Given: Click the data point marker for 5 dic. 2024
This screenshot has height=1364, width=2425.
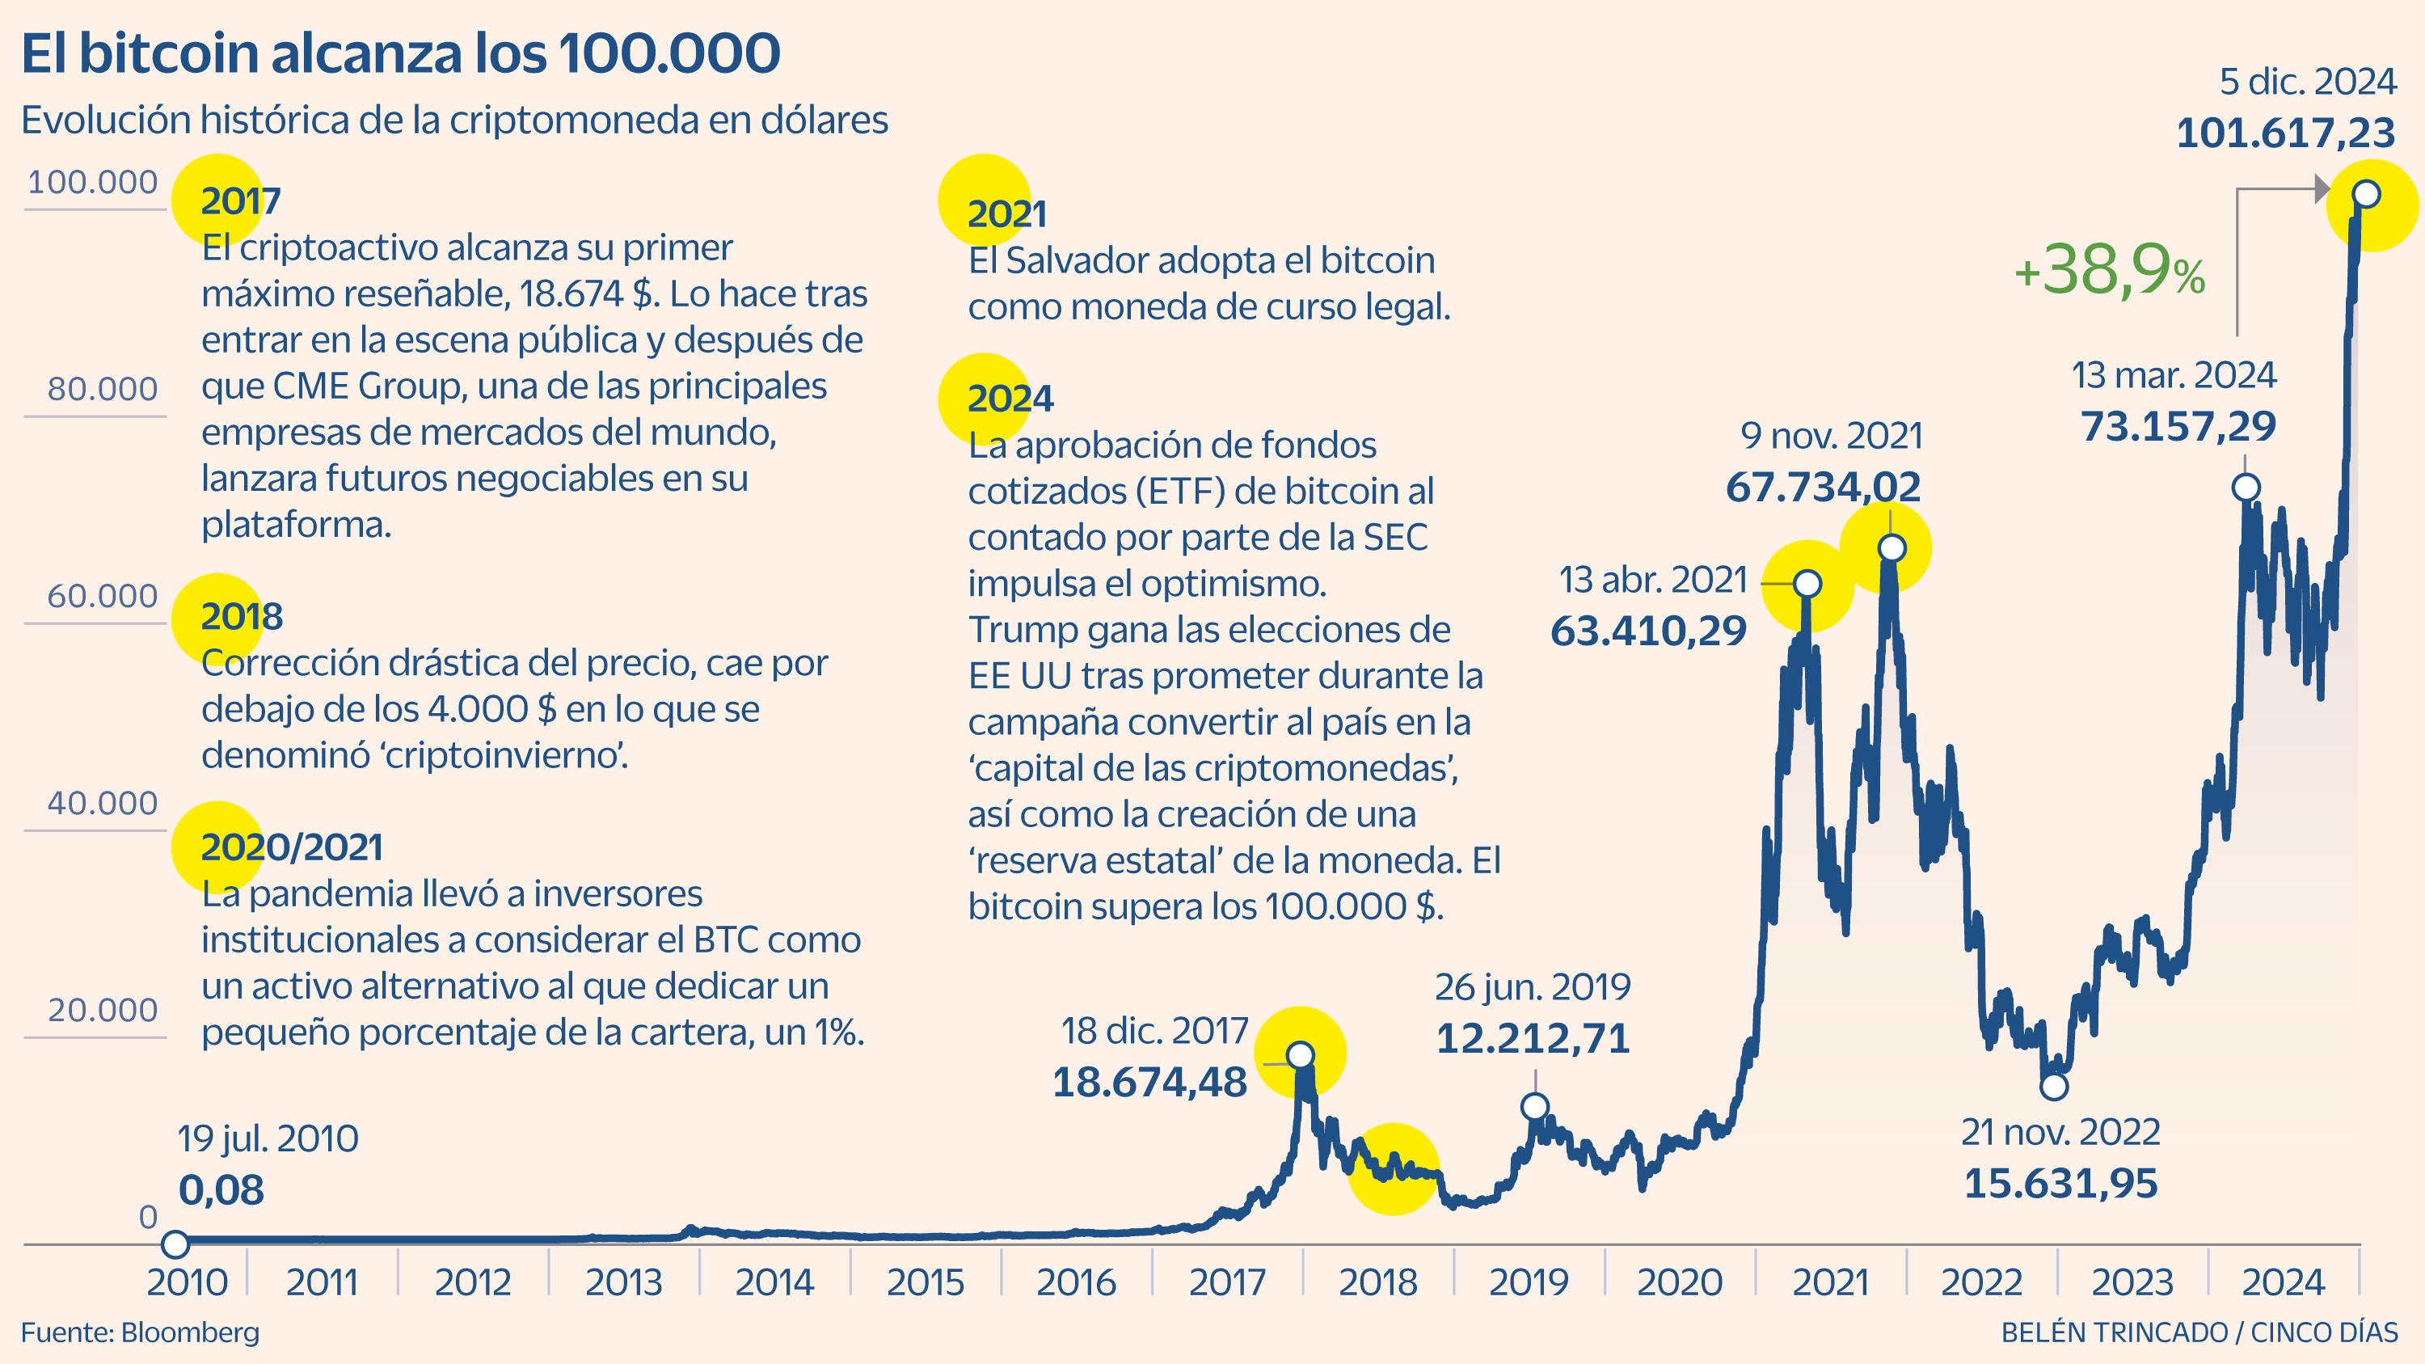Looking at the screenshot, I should pyautogui.click(x=2366, y=195).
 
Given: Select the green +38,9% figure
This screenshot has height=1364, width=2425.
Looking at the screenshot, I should pyautogui.click(x=2109, y=271).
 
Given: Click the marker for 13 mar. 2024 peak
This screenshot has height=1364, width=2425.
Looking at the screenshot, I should pyautogui.click(x=2246, y=488).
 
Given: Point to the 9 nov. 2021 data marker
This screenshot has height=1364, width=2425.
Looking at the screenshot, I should pyautogui.click(x=1891, y=548).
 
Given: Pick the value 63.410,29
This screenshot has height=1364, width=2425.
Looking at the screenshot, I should pyautogui.click(x=1647, y=631).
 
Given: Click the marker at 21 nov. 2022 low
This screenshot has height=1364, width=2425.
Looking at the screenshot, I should pyautogui.click(x=2053, y=1087).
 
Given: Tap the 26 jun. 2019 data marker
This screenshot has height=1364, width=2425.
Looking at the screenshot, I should pyautogui.click(x=1534, y=1106).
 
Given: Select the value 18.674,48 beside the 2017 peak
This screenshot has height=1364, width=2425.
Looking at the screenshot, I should pyautogui.click(x=1149, y=1083).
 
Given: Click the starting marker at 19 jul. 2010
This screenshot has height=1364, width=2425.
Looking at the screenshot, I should pyautogui.click(x=175, y=1244).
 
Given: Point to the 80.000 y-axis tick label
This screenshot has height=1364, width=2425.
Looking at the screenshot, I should pyautogui.click(x=102, y=389).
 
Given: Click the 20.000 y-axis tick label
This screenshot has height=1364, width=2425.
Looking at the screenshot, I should pyautogui.click(x=102, y=1010).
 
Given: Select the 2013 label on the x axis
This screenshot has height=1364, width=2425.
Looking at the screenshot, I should pyautogui.click(x=623, y=1282).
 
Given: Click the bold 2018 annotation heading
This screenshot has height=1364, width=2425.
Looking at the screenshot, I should pyautogui.click(x=241, y=617).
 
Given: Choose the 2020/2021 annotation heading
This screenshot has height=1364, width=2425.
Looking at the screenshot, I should pyautogui.click(x=291, y=847).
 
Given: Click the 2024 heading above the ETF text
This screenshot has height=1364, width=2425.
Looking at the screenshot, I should pyautogui.click(x=1010, y=399).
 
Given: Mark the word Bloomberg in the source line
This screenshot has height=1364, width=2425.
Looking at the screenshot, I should pyautogui.click(x=190, y=1333).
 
